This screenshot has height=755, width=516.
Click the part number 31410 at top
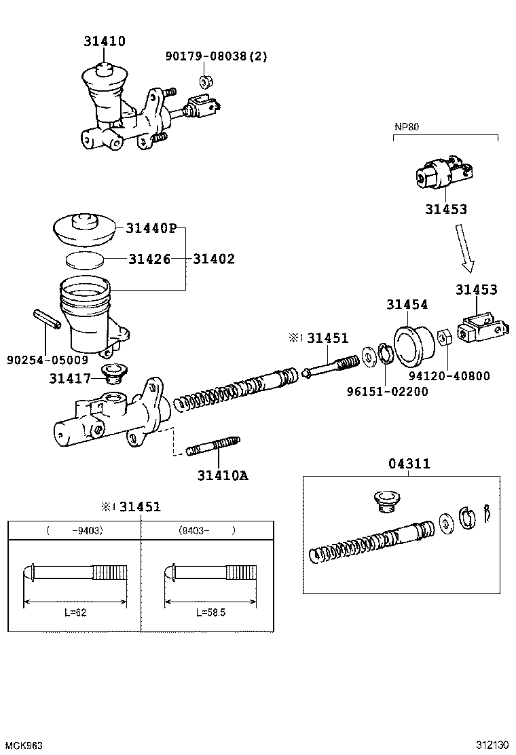[x=105, y=41]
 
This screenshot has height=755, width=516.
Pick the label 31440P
[x=151, y=228]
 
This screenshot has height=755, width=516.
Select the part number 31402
[x=214, y=259]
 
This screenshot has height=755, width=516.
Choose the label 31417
[x=69, y=377]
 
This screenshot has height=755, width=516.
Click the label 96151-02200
[x=387, y=392]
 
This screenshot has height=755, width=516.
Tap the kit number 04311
[x=409, y=464]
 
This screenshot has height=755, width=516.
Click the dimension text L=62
[x=75, y=612]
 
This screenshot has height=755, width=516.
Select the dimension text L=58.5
[x=210, y=612]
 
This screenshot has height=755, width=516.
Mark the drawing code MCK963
[x=22, y=745]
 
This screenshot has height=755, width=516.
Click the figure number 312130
[x=490, y=745]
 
